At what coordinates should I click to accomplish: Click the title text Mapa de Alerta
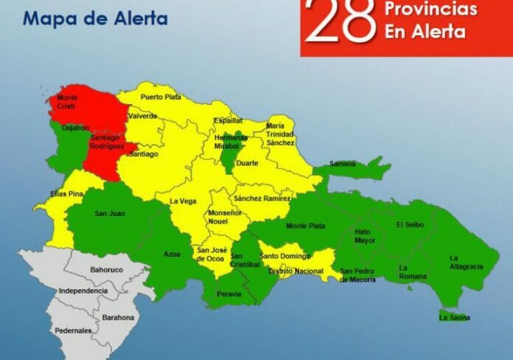click(95, 18)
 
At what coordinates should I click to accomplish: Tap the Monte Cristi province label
click(68, 102)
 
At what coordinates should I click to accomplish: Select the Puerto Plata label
click(161, 97)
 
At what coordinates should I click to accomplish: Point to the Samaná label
click(342, 163)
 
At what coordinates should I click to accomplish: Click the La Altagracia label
click(465, 262)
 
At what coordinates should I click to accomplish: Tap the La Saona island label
click(453, 317)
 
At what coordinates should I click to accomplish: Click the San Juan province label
click(110, 214)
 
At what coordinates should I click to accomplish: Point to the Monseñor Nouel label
click(225, 218)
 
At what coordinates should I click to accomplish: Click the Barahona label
click(118, 317)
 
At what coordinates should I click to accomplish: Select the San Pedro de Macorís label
click(358, 275)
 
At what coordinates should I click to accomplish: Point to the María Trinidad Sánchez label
click(280, 134)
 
